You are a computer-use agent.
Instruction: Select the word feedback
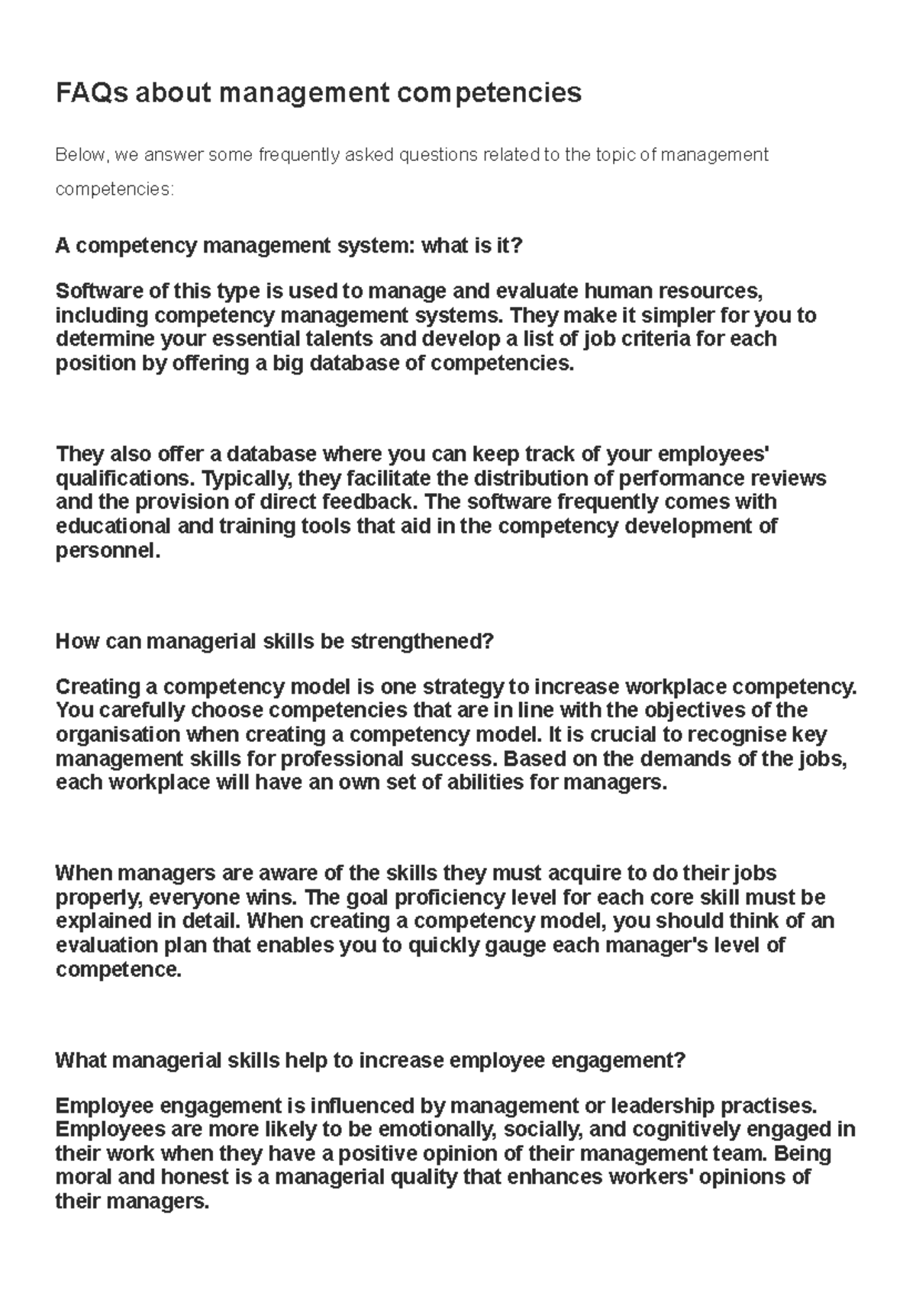coord(368,502)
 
